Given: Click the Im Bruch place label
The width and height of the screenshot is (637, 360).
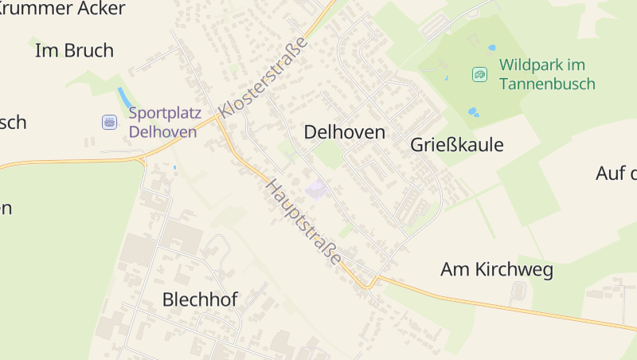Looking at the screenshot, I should [75, 51].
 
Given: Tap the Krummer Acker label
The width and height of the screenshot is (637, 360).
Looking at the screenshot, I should [62, 9].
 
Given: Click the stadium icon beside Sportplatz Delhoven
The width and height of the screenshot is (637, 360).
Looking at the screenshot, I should [110, 122].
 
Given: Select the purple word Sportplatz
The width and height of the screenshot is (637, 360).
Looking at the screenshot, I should [165, 113].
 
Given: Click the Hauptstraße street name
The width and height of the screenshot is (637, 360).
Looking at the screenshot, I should [304, 223].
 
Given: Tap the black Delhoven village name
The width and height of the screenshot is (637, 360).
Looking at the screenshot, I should [344, 133].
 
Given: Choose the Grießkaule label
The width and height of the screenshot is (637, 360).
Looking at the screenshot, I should [457, 145].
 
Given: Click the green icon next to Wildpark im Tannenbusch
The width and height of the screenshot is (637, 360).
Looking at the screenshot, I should [479, 74].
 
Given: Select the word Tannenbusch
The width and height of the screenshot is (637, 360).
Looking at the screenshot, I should [548, 84].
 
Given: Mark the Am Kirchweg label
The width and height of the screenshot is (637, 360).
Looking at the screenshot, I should [497, 270].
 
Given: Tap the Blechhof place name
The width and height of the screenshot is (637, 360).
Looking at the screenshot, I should [200, 299].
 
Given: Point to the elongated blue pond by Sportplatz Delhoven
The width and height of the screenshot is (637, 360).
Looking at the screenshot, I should [125, 97].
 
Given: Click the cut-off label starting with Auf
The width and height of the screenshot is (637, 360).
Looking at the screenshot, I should [616, 174].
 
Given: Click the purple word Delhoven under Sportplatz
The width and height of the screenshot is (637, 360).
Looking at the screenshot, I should [162, 131].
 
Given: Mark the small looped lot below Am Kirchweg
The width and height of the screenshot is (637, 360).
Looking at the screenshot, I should [518, 293].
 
